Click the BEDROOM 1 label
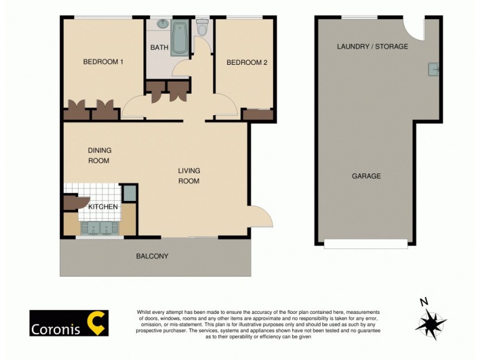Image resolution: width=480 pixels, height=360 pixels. coord(103,62)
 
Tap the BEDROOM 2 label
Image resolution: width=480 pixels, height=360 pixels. coord(247,62)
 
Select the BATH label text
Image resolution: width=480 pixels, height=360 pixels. coord(159,47)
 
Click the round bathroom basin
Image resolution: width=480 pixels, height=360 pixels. coord(162,25)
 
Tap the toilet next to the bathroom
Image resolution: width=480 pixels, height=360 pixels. coord(202,28)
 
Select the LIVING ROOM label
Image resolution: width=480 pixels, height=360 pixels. coord(188,175)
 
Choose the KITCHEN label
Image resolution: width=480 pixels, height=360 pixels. coord(103,207)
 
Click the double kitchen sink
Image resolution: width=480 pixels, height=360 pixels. coord(100,228)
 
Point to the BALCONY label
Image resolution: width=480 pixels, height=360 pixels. coord(152,256)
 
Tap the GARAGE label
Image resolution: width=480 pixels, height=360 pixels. coord(366,176)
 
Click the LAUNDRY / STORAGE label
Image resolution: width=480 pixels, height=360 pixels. coord(372,46)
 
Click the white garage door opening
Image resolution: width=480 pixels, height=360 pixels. coord(365,244)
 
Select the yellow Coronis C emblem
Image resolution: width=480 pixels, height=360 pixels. coord(97,322)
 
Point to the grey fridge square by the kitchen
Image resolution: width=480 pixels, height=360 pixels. coord(129,193)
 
